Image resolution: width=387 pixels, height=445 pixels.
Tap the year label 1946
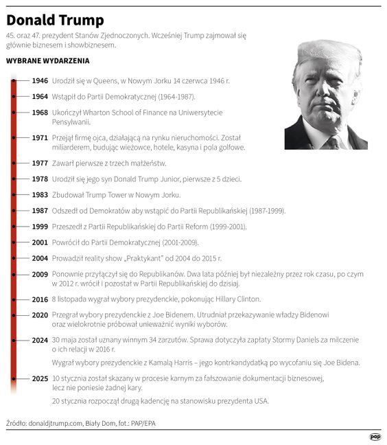[40, 80]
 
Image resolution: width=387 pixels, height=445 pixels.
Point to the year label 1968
[40, 112]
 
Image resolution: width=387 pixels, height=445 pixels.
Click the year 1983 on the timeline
[40, 195]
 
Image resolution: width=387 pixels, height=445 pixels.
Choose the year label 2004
[40, 258]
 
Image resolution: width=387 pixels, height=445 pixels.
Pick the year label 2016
[40, 299]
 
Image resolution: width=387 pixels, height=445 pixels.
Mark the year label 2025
[40, 378]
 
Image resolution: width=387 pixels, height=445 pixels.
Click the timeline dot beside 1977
[14, 163]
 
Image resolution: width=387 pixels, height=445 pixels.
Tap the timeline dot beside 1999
[14, 226]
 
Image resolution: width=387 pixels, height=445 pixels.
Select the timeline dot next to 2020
[14, 315]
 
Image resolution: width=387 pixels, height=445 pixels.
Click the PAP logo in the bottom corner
[375, 436]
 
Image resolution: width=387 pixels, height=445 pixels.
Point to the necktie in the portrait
[333, 142]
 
